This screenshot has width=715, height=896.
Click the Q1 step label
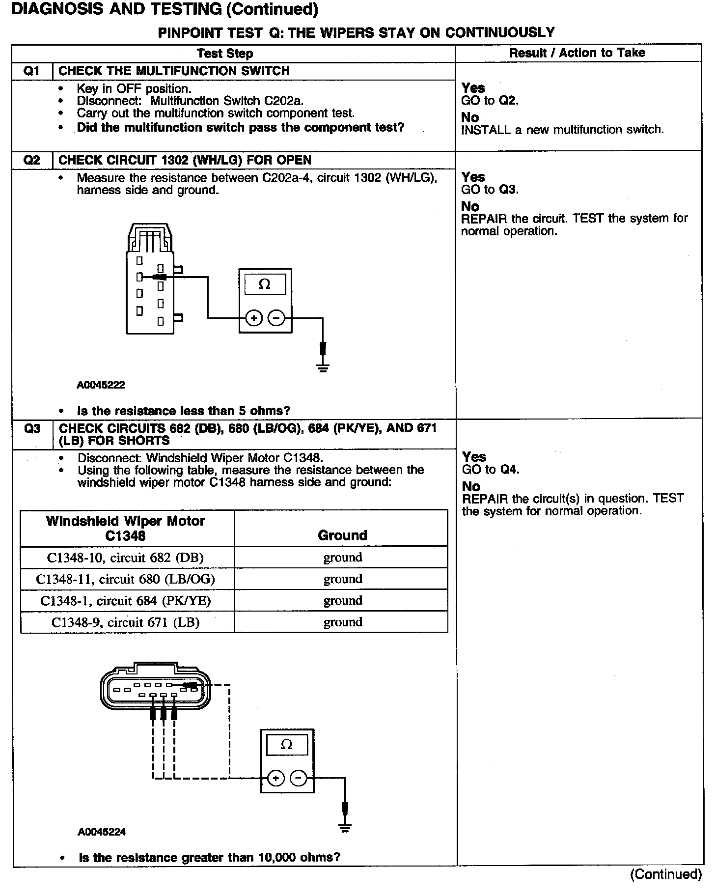[31, 71]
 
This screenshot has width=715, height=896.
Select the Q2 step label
[31, 161]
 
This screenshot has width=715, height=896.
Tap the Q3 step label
[32, 429]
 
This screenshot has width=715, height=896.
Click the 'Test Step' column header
[225, 54]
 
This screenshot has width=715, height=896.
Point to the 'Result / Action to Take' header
[577, 53]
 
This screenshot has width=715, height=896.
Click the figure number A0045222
[101, 385]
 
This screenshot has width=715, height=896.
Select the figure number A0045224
[102, 832]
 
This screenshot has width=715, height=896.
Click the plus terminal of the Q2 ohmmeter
[254, 319]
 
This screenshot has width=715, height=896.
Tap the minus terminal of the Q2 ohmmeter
[276, 319]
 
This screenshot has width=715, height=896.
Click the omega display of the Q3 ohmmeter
[287, 745]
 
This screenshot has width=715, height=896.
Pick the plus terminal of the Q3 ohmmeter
[276, 779]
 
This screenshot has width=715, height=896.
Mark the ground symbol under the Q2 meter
[323, 368]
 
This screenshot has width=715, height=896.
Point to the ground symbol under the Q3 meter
[345, 828]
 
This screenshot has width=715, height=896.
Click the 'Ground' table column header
[342, 535]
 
